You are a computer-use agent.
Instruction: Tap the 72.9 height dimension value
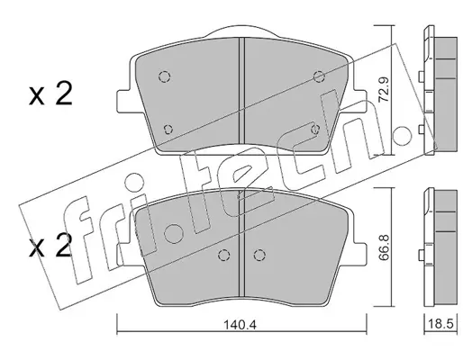tap(384, 90)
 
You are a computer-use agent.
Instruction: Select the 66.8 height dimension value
tap(384, 247)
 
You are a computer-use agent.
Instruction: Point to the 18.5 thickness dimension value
tap(440, 325)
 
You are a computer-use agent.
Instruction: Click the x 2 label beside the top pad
tap(50, 94)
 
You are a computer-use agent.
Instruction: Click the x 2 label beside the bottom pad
tap(50, 246)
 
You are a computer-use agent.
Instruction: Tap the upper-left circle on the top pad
tap(165, 76)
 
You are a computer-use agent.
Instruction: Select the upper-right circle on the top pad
tap(319, 76)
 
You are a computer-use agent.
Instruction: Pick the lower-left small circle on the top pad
tap(168, 130)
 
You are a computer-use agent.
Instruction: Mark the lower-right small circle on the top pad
tap(315, 130)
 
